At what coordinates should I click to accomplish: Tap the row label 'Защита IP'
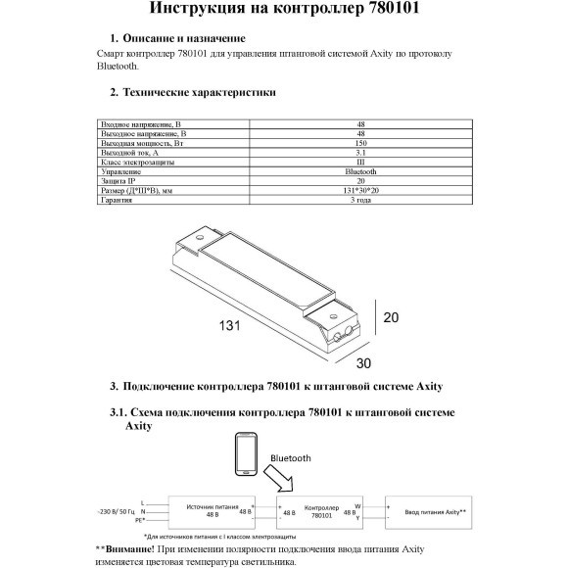coord(122,181)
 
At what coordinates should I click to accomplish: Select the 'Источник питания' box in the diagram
coord(207,509)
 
